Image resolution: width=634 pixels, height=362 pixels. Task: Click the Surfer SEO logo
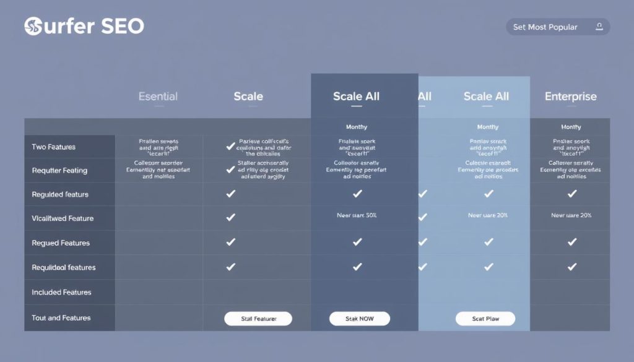click(x=84, y=26)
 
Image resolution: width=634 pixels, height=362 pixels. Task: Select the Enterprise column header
click(x=570, y=97)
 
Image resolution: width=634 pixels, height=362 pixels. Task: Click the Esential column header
click(x=158, y=97)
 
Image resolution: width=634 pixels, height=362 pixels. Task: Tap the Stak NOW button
click(x=360, y=319)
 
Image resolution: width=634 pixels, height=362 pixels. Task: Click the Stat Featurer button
click(x=258, y=319)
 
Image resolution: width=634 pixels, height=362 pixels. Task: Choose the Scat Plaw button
click(x=485, y=319)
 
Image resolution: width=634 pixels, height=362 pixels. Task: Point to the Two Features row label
click(x=54, y=147)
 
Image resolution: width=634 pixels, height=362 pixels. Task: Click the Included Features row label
click(x=61, y=292)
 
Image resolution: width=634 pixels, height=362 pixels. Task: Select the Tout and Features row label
click(x=61, y=318)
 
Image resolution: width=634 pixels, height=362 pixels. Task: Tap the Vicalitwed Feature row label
click(x=63, y=218)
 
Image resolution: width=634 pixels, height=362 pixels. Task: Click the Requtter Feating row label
click(x=59, y=171)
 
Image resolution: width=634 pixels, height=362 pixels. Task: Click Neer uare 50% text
click(x=357, y=216)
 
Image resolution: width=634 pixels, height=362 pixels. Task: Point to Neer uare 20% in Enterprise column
click(x=571, y=216)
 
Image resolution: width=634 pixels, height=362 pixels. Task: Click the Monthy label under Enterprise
click(x=571, y=127)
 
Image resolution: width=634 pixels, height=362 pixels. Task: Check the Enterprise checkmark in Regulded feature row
click(x=571, y=194)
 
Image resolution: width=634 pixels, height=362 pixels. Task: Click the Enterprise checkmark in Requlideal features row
click(x=571, y=267)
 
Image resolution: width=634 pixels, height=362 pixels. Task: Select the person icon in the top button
click(x=599, y=27)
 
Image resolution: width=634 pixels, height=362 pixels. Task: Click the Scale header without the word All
click(x=248, y=97)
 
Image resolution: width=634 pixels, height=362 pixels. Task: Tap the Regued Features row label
click(x=61, y=243)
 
